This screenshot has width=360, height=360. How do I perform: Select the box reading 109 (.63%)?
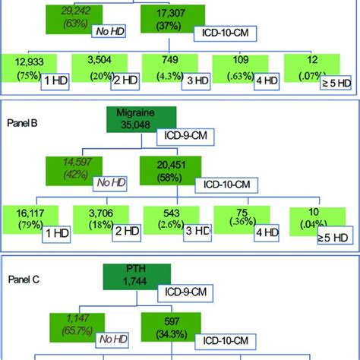pyautogui.click(x=242, y=74)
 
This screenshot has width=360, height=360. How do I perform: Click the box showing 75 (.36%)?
pyautogui.click(x=242, y=221)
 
